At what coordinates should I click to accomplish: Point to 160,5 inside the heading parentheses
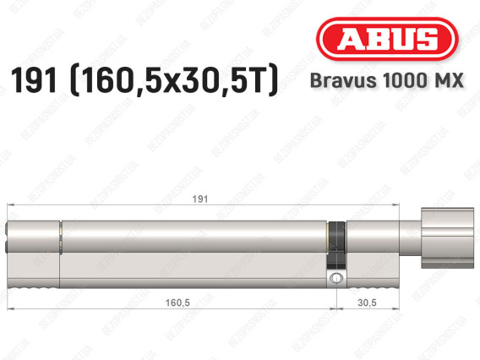127,81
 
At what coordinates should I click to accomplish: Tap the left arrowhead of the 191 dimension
9,206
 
